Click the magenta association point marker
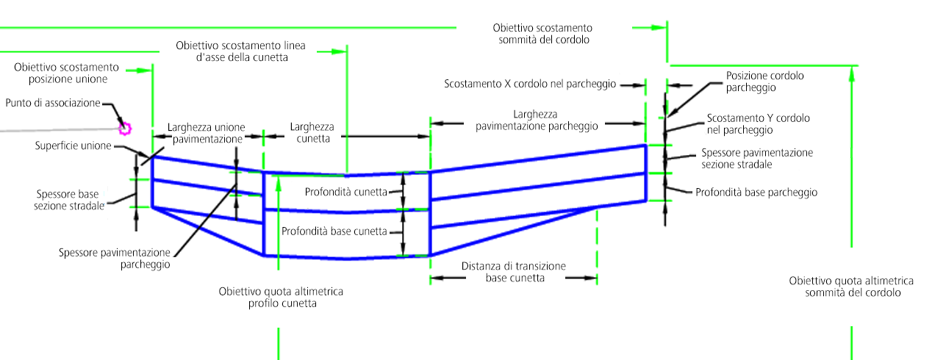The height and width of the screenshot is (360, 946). click(x=124, y=129)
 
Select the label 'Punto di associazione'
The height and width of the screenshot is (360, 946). click(x=52, y=103)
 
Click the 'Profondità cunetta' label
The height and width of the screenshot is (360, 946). click(x=345, y=192)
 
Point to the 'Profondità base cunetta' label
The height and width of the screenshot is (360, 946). click(x=334, y=231)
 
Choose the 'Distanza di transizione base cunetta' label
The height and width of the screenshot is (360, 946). click(x=514, y=272)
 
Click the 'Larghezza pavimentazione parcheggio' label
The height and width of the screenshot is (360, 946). click(x=537, y=120)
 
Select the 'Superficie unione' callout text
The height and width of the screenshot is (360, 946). click(x=73, y=145)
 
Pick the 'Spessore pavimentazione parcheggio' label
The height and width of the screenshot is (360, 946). click(x=115, y=258)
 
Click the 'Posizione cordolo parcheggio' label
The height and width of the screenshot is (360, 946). click(x=764, y=82)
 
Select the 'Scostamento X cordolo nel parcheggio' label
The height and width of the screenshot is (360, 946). click(x=529, y=84)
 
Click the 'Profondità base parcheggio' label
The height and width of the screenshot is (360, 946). click(x=756, y=192)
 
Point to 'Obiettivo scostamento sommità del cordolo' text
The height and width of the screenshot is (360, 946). click(x=541, y=34)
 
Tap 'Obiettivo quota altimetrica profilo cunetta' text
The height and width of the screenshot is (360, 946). click(x=281, y=297)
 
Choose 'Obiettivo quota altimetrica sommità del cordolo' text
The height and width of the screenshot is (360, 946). click(x=851, y=287)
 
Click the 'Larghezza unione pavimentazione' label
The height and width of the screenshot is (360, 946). click(x=206, y=132)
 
